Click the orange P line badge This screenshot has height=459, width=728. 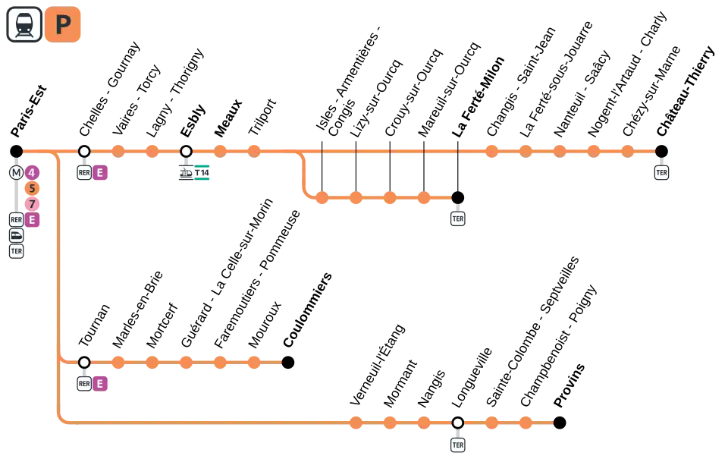(63, 24)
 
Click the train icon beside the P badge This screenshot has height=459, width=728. (24, 24)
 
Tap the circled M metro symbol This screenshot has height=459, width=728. (16, 173)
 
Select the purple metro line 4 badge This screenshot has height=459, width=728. (32, 173)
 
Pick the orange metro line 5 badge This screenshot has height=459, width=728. (32, 189)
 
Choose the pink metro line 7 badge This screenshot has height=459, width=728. (32, 204)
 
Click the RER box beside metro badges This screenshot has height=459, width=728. (16, 220)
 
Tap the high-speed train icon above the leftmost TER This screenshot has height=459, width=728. (16, 235)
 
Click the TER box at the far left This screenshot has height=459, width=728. (16, 251)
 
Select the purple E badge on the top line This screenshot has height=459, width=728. (99, 173)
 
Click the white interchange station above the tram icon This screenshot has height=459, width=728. (186, 152)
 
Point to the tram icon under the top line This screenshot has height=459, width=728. (186, 173)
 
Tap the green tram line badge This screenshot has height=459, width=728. (203, 173)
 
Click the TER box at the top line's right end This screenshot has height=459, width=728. (661, 173)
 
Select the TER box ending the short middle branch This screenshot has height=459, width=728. (457, 218)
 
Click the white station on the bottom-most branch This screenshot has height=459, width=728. (457, 423)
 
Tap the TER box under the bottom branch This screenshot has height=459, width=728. (457, 445)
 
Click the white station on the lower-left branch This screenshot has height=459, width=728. (84, 363)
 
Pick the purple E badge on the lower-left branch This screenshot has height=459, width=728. (99, 384)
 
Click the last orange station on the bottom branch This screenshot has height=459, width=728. (525, 423)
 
